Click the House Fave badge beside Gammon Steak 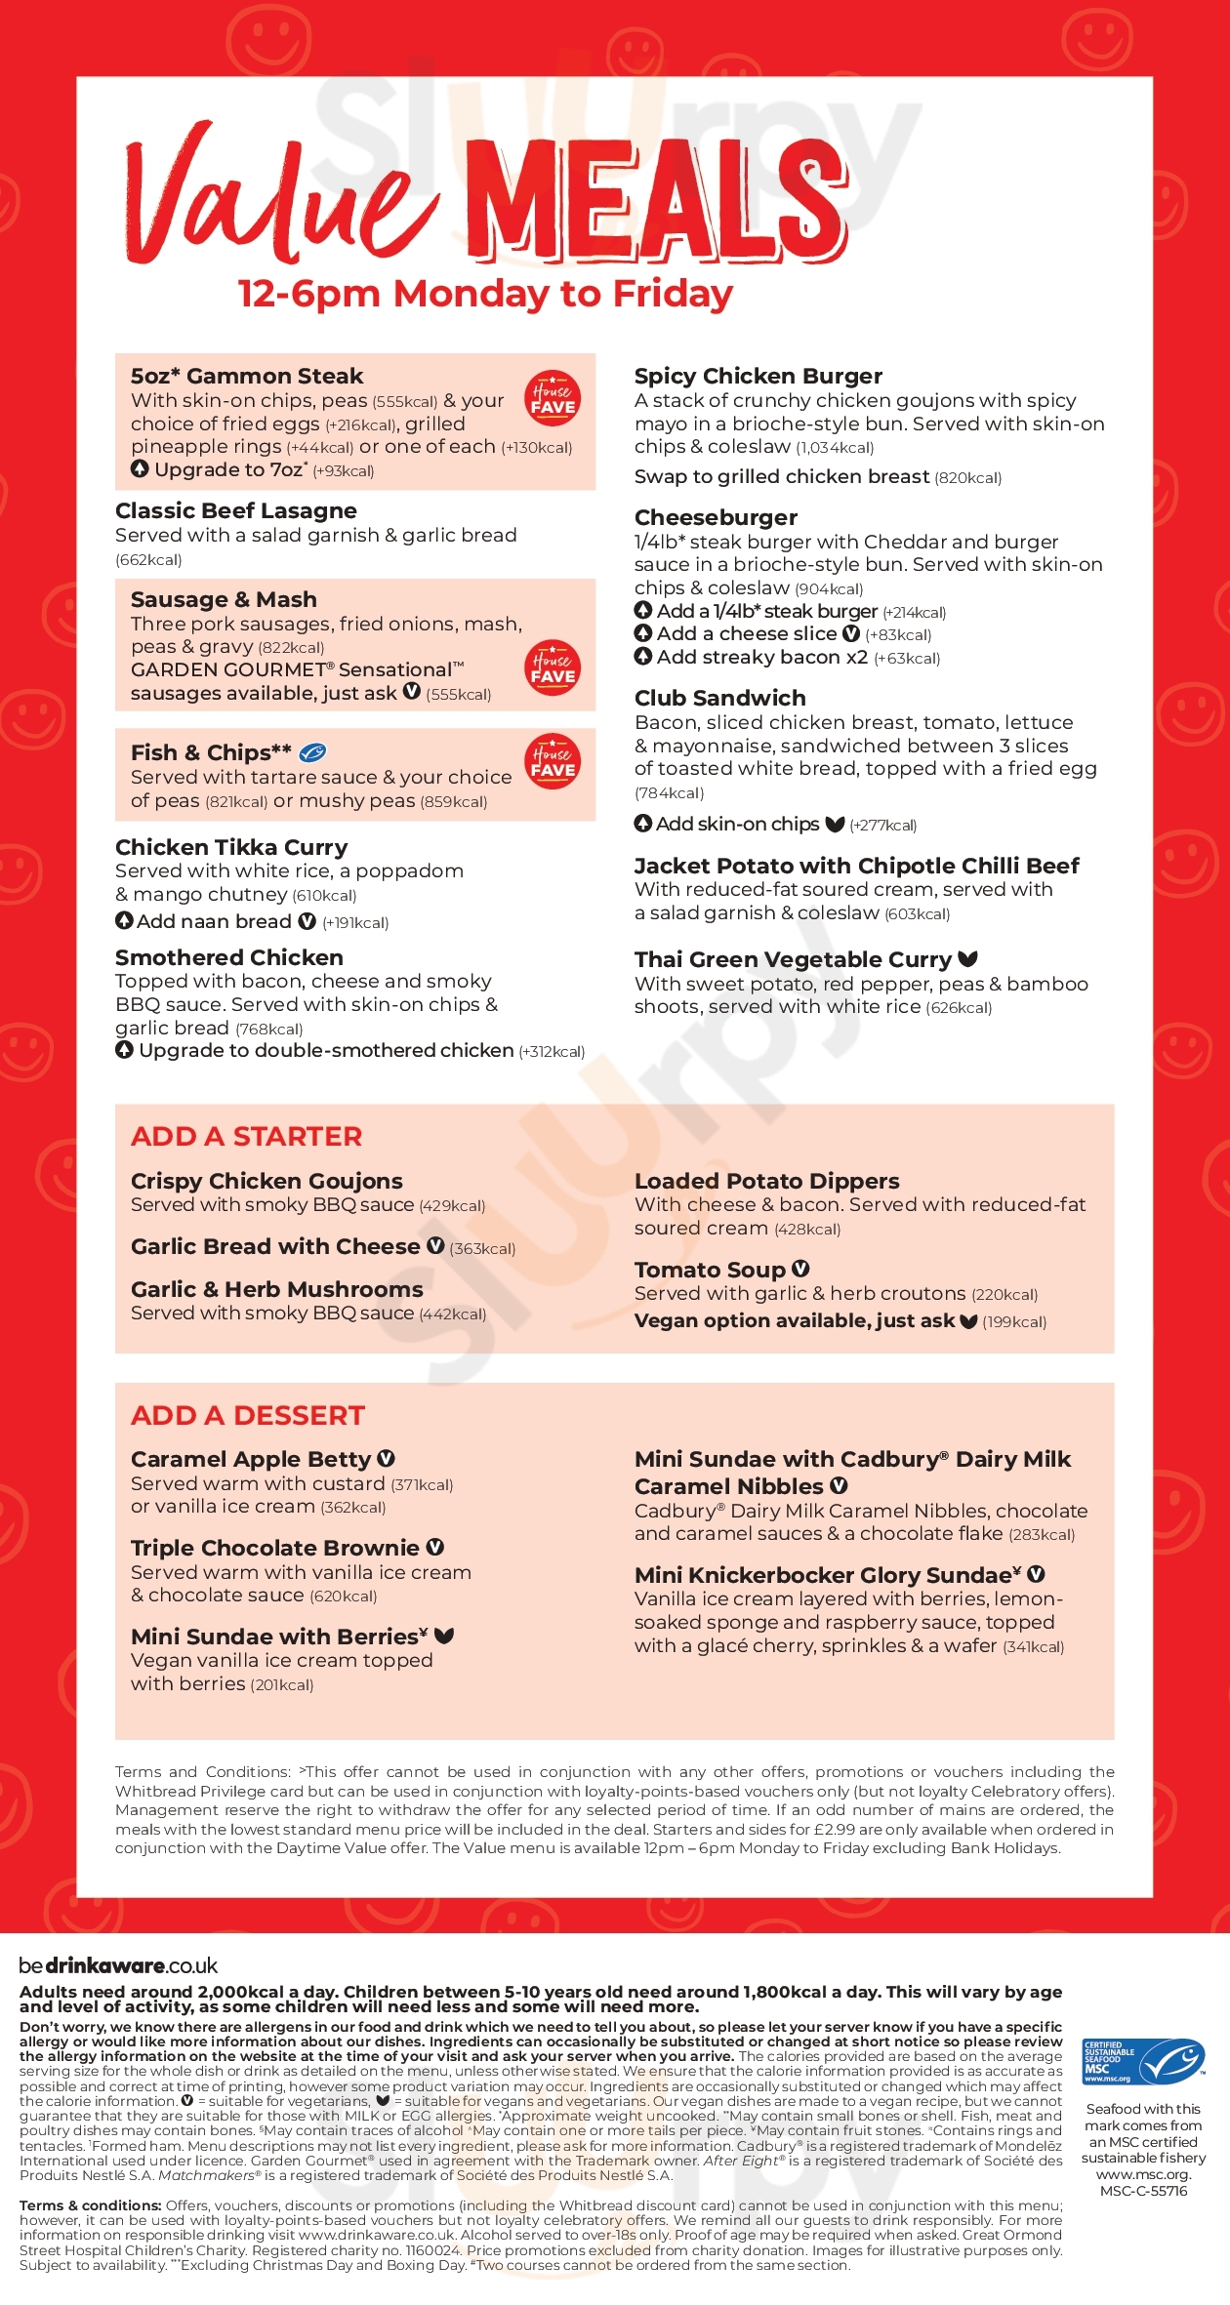click(x=553, y=399)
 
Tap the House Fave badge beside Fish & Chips click(x=553, y=761)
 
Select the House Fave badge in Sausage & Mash click(x=553, y=668)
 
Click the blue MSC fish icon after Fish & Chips click(x=312, y=752)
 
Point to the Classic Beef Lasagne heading click(x=236, y=511)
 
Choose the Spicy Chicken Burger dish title click(x=758, y=377)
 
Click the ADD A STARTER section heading click(x=246, y=1137)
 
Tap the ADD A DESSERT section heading click(x=248, y=1416)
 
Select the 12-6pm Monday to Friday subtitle click(x=485, y=294)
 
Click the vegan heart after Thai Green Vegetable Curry click(x=967, y=959)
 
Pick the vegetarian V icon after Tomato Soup click(x=800, y=1269)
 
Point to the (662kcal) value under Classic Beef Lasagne click(x=148, y=560)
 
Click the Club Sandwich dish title click(x=720, y=699)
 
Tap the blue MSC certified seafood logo click(x=1143, y=2062)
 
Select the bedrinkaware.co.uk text click(x=118, y=1965)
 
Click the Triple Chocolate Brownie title click(x=275, y=1549)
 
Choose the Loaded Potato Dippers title click(x=767, y=1182)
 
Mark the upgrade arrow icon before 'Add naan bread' click(x=124, y=920)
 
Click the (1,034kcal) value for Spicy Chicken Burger click(x=835, y=448)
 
